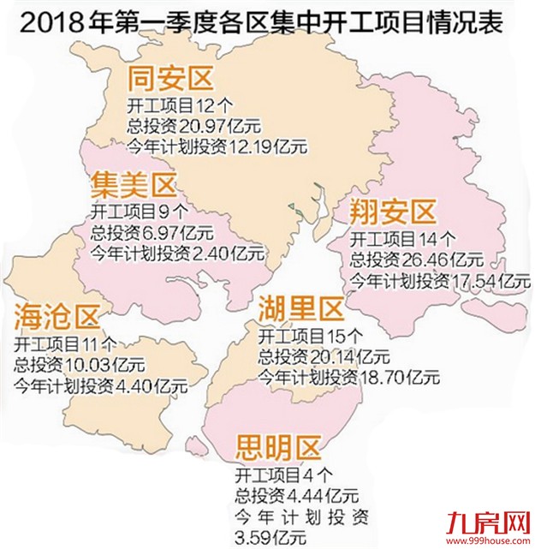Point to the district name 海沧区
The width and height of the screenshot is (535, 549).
[x=56, y=318]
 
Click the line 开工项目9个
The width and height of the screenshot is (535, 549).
[x=131, y=211]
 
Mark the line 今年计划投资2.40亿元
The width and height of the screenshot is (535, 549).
[x=177, y=254]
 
